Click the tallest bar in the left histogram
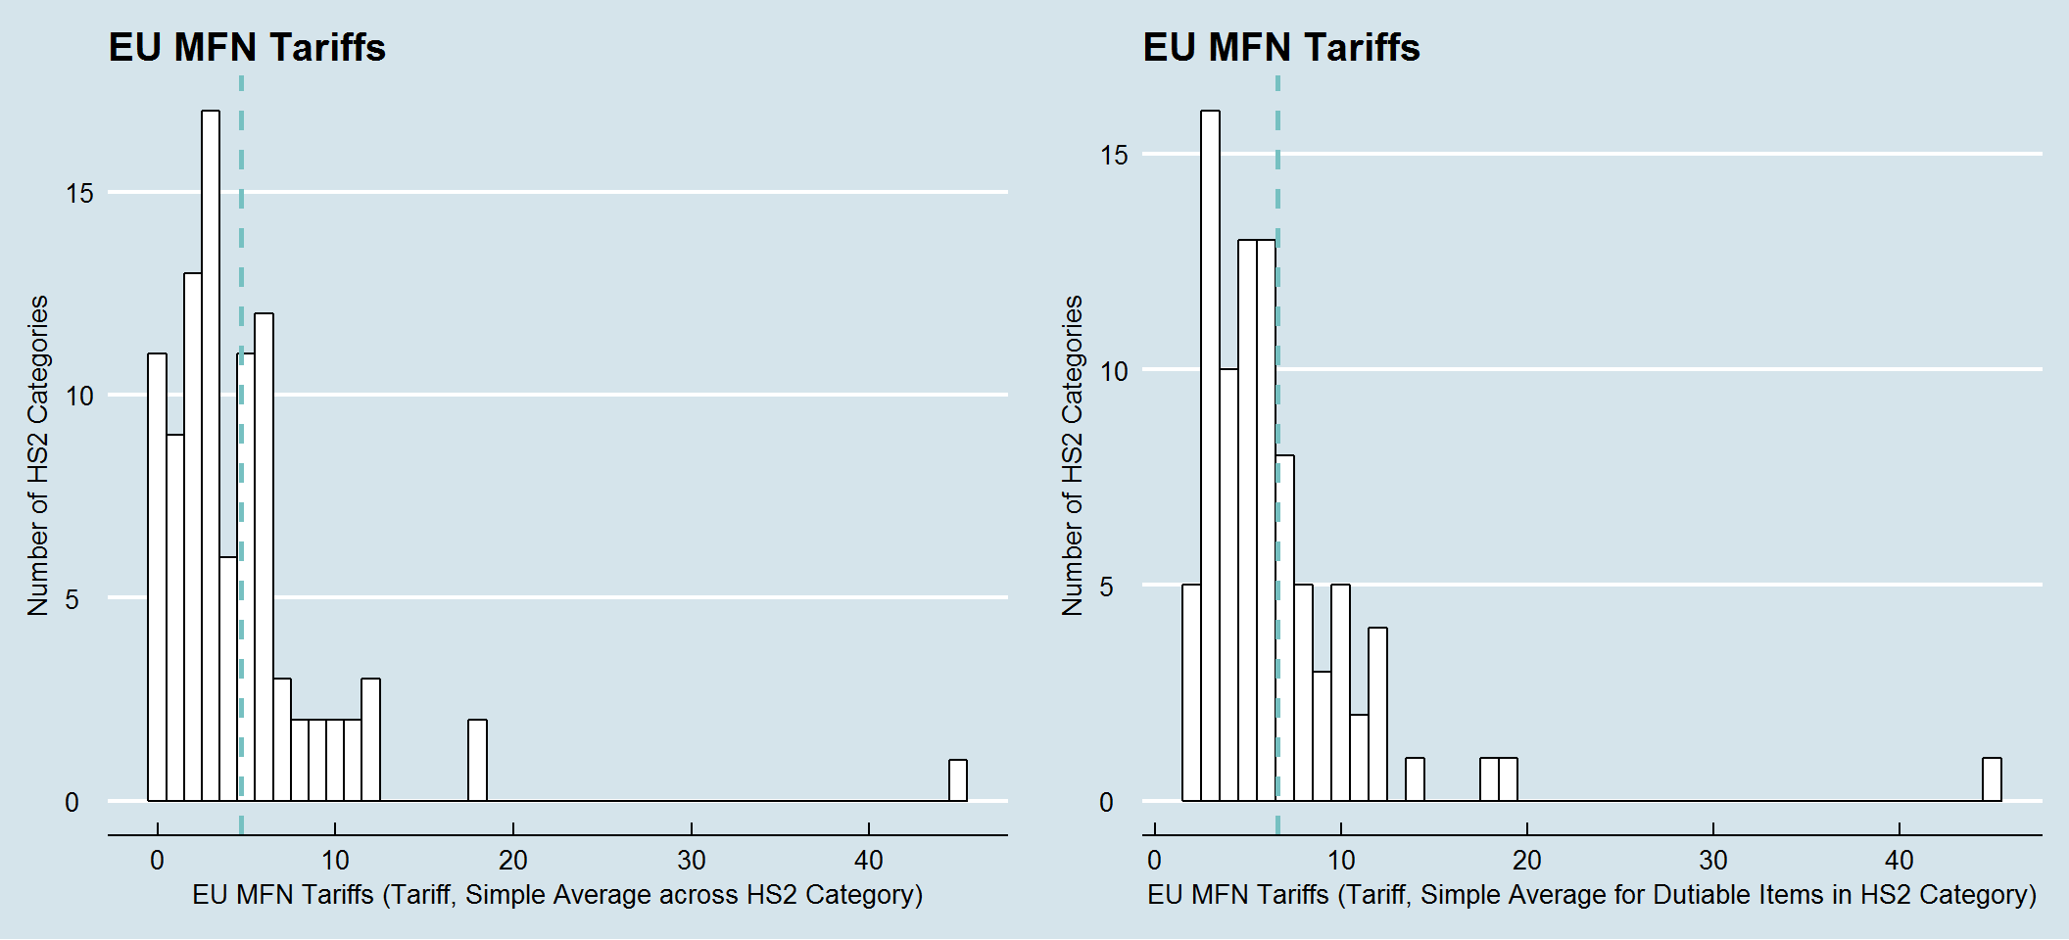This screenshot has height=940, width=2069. [211, 455]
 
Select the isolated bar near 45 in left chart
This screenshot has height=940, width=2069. [958, 780]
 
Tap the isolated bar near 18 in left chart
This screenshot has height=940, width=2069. [477, 760]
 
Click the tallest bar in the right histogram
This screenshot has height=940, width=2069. [1210, 455]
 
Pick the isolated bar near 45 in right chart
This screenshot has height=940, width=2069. [1992, 779]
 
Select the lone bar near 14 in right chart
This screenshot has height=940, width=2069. [1415, 779]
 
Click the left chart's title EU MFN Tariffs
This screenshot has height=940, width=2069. [247, 47]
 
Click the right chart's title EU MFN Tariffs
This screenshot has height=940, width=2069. [1281, 47]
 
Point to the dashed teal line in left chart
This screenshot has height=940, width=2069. [241, 196]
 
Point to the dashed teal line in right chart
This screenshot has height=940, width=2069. [1277, 176]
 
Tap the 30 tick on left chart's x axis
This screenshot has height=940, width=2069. [691, 860]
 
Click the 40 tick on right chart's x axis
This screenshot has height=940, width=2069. [1899, 860]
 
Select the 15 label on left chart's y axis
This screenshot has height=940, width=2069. [79, 193]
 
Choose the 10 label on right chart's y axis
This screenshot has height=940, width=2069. [1114, 371]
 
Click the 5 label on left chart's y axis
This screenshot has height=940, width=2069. [72, 599]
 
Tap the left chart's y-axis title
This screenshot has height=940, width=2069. [37, 455]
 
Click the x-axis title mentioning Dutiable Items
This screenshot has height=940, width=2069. [1592, 894]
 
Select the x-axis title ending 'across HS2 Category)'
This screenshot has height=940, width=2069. [557, 894]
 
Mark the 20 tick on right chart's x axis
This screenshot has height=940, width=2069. [1526, 860]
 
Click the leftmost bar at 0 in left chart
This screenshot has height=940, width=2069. [157, 578]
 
